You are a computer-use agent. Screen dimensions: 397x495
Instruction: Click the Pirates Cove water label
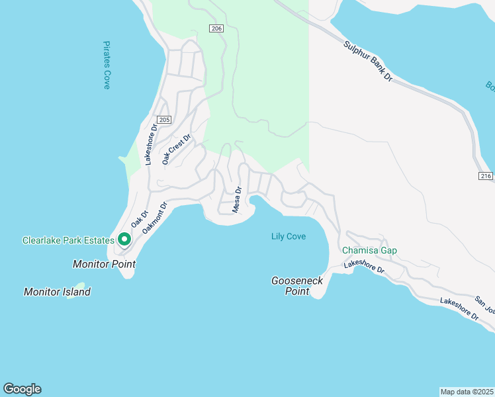[x=106, y=65]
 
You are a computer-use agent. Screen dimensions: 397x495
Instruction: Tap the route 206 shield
[x=217, y=28]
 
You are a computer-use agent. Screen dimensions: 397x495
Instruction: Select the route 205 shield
[x=165, y=120]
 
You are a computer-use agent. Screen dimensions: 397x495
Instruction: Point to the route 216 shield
[x=486, y=175]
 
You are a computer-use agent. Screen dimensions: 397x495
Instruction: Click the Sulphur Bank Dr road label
[x=369, y=62]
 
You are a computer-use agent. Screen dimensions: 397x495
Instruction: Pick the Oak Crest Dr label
[x=176, y=149]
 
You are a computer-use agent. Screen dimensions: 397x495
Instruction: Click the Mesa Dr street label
[x=237, y=199]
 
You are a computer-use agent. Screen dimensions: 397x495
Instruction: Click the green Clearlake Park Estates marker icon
[x=124, y=240]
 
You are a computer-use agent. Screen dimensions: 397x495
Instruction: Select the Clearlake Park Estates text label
[x=68, y=240]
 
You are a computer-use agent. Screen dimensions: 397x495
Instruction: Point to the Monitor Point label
[x=104, y=264]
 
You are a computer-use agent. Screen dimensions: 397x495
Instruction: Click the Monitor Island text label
[x=57, y=292]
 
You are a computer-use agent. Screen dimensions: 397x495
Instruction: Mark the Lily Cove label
[x=289, y=236]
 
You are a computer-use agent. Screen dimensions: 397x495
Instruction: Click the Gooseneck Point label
[x=297, y=286]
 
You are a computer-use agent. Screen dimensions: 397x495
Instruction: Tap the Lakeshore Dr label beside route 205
[x=151, y=144]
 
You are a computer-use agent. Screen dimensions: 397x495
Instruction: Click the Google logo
[x=22, y=389]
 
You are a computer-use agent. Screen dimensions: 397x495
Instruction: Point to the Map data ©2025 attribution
[x=467, y=392]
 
